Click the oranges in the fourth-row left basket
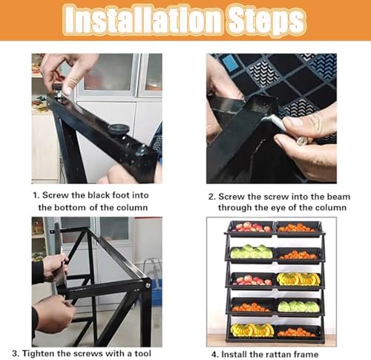click(251, 306)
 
